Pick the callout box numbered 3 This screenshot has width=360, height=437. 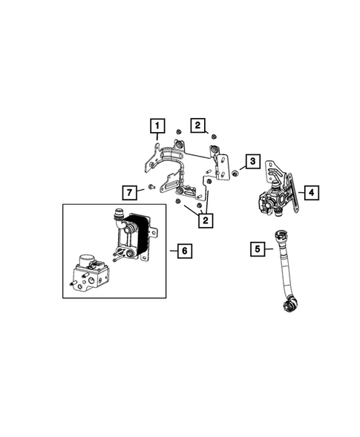pos(253,162)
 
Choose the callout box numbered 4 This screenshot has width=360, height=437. pos(312,192)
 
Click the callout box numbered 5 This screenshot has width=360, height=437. pos(258,249)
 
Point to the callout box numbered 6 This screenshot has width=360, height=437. pos(184,251)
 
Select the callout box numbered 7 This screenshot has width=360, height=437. pos(129,193)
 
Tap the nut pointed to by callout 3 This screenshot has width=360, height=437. pos(235,174)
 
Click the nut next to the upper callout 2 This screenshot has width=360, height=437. pos(214,136)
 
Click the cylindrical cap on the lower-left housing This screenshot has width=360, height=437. pos(91,263)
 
